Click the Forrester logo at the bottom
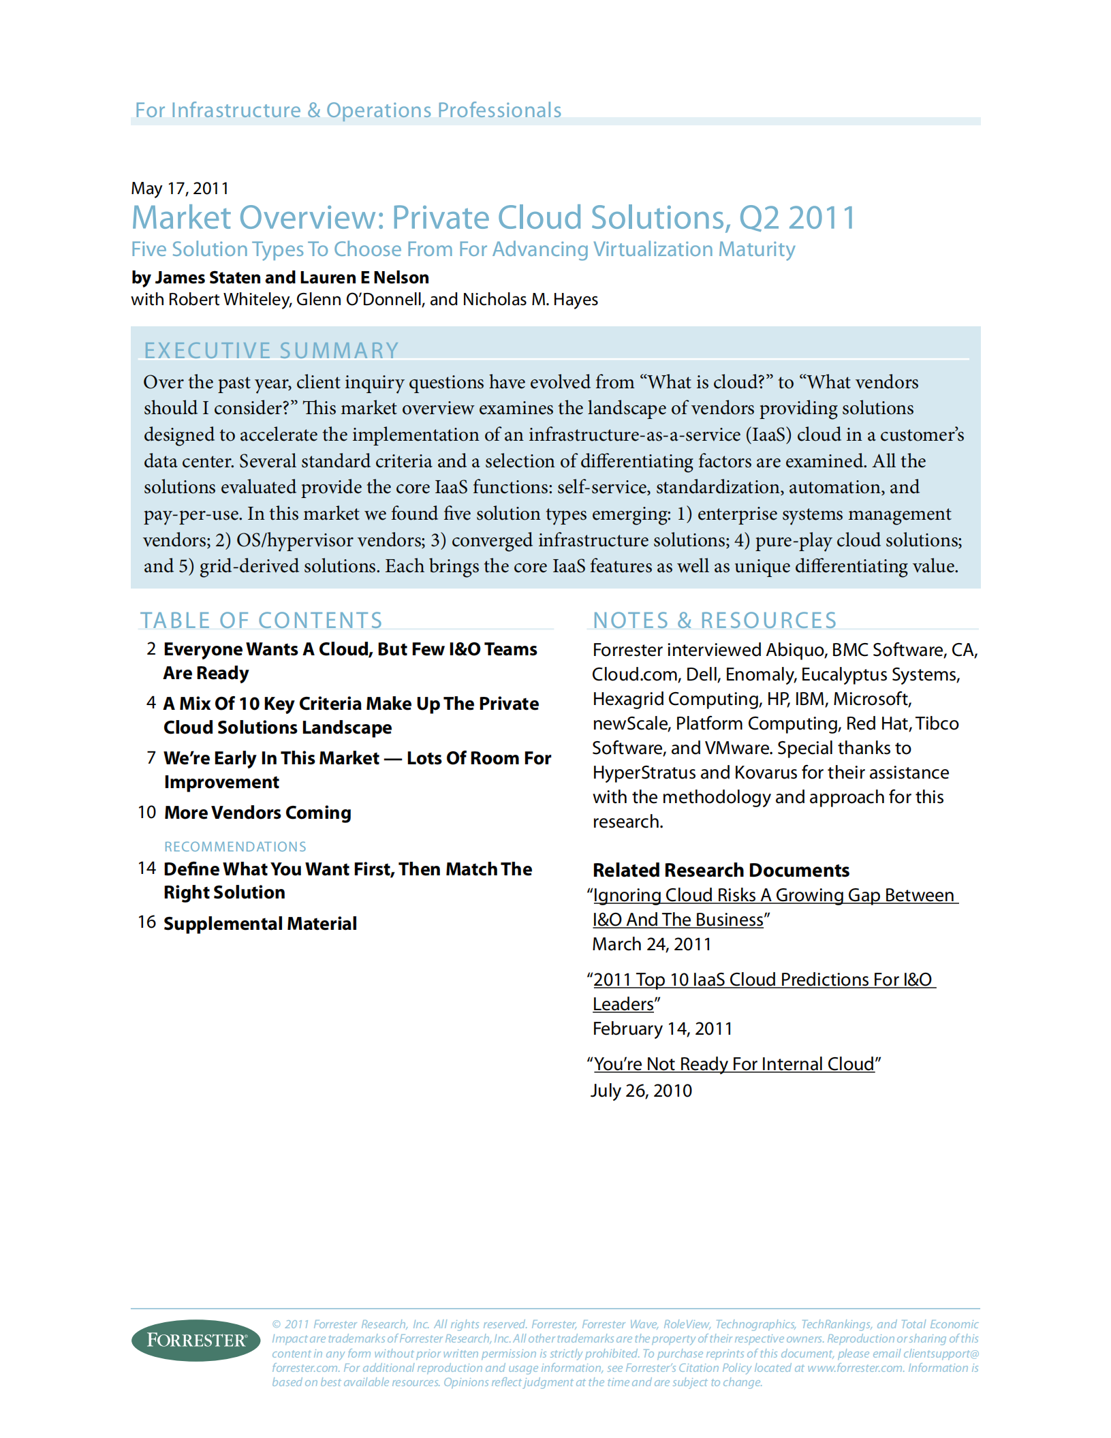195,1340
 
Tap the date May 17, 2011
180,189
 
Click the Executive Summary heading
271,350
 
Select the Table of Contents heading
262,620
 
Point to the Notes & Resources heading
715,620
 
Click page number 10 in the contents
147,812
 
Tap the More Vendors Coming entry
257,813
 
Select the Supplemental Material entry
260,924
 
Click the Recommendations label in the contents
235,847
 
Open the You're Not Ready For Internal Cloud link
734,1064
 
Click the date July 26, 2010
641,1091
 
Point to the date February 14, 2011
662,1029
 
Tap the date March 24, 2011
652,944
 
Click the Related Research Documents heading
721,871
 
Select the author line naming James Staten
280,278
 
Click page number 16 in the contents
147,922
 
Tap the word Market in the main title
181,218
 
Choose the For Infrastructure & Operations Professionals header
348,110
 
